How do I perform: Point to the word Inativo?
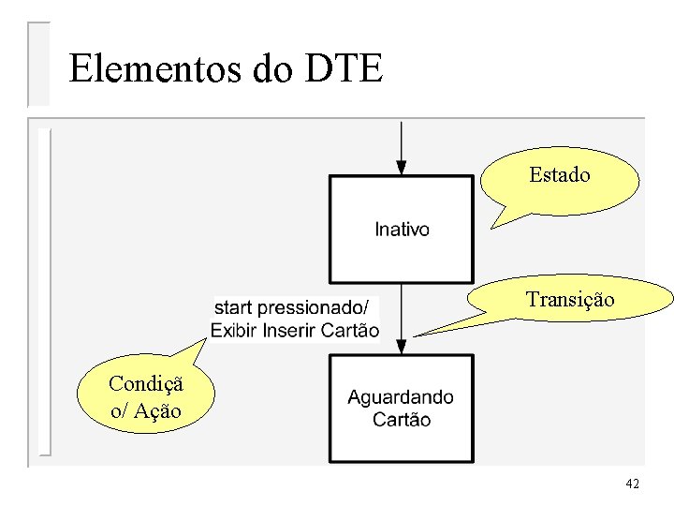coord(403,229)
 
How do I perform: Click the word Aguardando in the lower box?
coord(401,397)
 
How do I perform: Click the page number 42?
coord(633,484)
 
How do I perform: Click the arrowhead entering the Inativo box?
coord(401,168)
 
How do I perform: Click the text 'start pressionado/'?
coord(292,307)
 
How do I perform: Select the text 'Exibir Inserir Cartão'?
coord(295,330)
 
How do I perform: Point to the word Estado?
coord(560,175)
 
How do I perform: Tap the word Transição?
coord(571,300)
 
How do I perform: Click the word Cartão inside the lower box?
coord(402,420)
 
